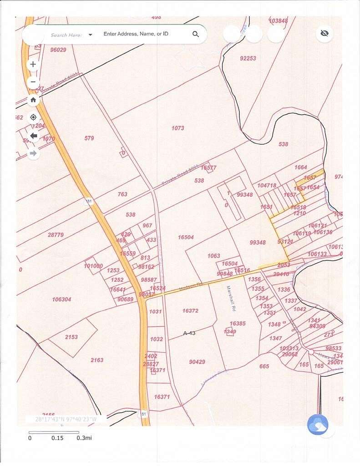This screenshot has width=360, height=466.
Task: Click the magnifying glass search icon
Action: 196,34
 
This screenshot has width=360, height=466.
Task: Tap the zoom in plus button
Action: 33,64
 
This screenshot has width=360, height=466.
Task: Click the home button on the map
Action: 33,100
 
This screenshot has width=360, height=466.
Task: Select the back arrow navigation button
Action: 33,136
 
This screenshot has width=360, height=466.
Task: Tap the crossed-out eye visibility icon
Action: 324,34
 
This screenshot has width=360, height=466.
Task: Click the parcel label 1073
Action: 178,128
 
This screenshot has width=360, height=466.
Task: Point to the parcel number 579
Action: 89,138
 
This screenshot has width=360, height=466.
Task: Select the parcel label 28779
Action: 56,235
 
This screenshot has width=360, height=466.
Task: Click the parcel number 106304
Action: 61,299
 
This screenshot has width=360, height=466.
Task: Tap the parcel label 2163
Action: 97,360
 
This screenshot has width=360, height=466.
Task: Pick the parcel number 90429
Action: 197,362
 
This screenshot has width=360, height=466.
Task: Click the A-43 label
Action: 189,334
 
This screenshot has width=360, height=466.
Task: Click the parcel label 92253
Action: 248,58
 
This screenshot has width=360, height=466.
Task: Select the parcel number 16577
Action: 208,168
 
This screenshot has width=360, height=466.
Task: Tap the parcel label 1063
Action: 214,256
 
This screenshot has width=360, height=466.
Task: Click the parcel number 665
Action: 264,366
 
